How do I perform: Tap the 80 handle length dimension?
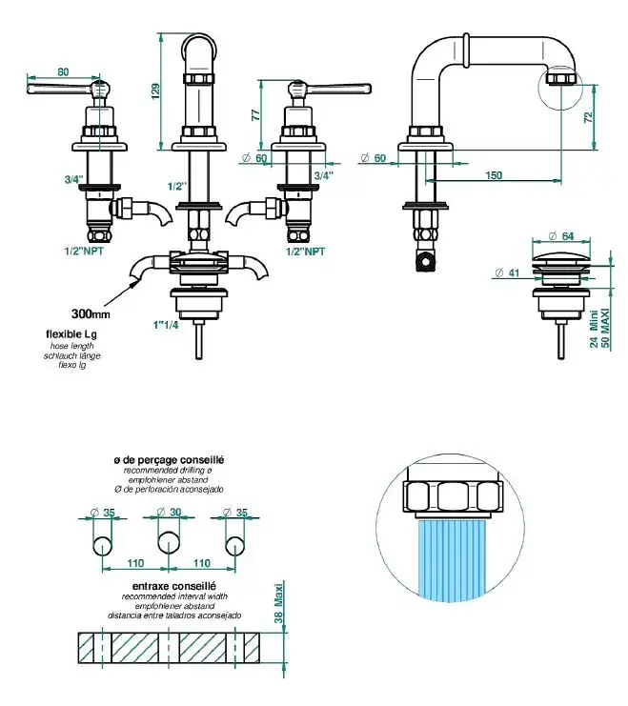click(x=64, y=71)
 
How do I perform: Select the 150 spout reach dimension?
click(x=494, y=175)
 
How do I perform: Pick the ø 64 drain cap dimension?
click(x=561, y=235)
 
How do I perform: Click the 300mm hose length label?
click(x=91, y=313)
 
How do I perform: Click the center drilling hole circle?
click(x=168, y=544)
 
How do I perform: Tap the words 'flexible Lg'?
click(x=72, y=334)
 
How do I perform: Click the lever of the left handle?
click(x=57, y=90)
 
